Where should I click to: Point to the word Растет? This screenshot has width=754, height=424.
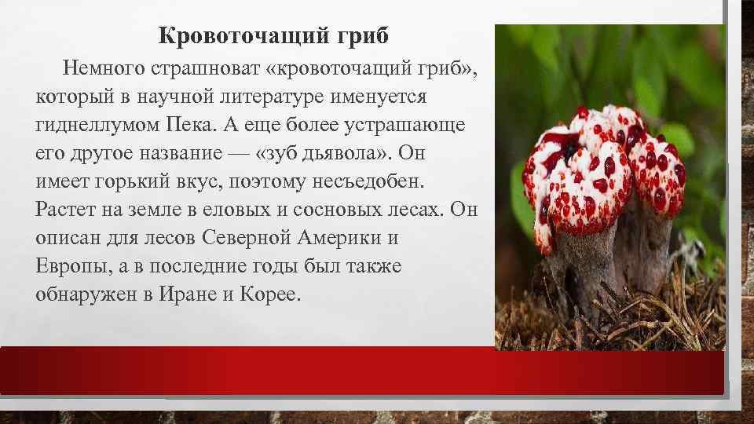[x=68, y=210]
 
